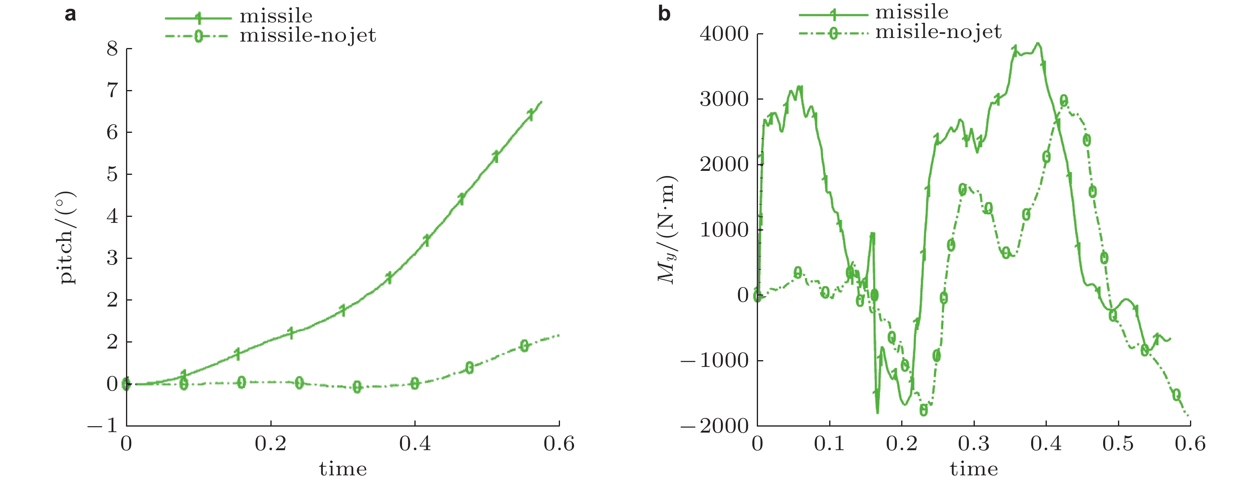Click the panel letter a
70,14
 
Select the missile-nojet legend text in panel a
308,36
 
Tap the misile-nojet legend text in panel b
938,32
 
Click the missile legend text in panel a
276,16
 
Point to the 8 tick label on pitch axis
112,48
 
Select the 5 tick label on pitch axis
112,174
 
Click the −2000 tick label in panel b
715,426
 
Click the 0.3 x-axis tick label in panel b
973,444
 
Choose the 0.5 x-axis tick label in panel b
1118,444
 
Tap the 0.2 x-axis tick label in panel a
270,444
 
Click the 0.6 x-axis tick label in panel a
559,444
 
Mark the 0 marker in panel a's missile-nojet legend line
198,36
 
